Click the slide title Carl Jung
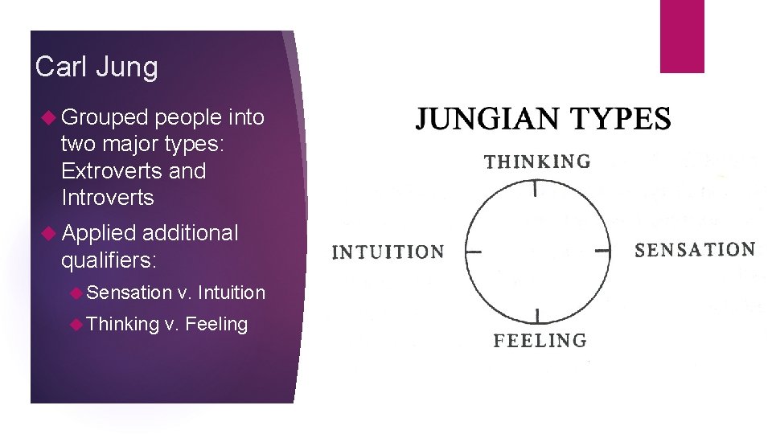[x=96, y=67]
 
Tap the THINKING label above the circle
[x=537, y=162]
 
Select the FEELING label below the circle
[x=540, y=340]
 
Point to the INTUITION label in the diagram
[x=388, y=252]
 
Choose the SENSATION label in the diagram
[x=695, y=249]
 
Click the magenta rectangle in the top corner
[x=682, y=36]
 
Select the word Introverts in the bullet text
[x=107, y=198]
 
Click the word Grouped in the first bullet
[x=105, y=117]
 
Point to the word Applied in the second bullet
[x=99, y=233]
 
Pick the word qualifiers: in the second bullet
[x=109, y=260]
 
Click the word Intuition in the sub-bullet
[x=231, y=293]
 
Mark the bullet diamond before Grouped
[x=50, y=118]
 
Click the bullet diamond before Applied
[x=50, y=234]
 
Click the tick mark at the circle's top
[x=536, y=189]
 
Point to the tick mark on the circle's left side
[x=474, y=252]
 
